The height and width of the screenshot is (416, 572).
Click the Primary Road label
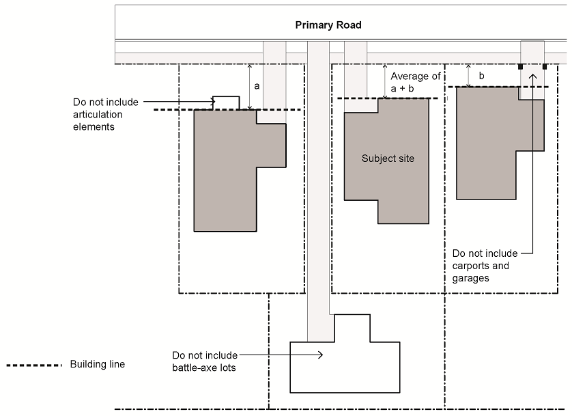pos(328,25)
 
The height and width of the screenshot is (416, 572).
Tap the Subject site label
pos(388,158)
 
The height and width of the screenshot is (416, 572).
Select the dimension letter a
pos(257,87)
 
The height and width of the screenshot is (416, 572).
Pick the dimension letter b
pos(481,76)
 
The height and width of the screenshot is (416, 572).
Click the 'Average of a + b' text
pos(416,83)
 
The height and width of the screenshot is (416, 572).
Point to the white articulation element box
pos(226,103)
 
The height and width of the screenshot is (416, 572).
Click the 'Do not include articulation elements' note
pos(106,114)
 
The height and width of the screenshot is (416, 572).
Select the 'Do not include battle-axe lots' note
pos(205,361)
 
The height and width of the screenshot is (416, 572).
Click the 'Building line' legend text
pos(98,364)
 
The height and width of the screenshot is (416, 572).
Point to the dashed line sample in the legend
pos(34,365)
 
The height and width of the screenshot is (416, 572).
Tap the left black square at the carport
pos(521,67)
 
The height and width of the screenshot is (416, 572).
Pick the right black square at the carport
pos(545,67)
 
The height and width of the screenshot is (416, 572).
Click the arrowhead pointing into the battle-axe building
pos(320,355)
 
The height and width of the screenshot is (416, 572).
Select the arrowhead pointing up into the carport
pos(533,77)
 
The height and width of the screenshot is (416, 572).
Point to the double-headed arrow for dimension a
pos(250,87)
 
